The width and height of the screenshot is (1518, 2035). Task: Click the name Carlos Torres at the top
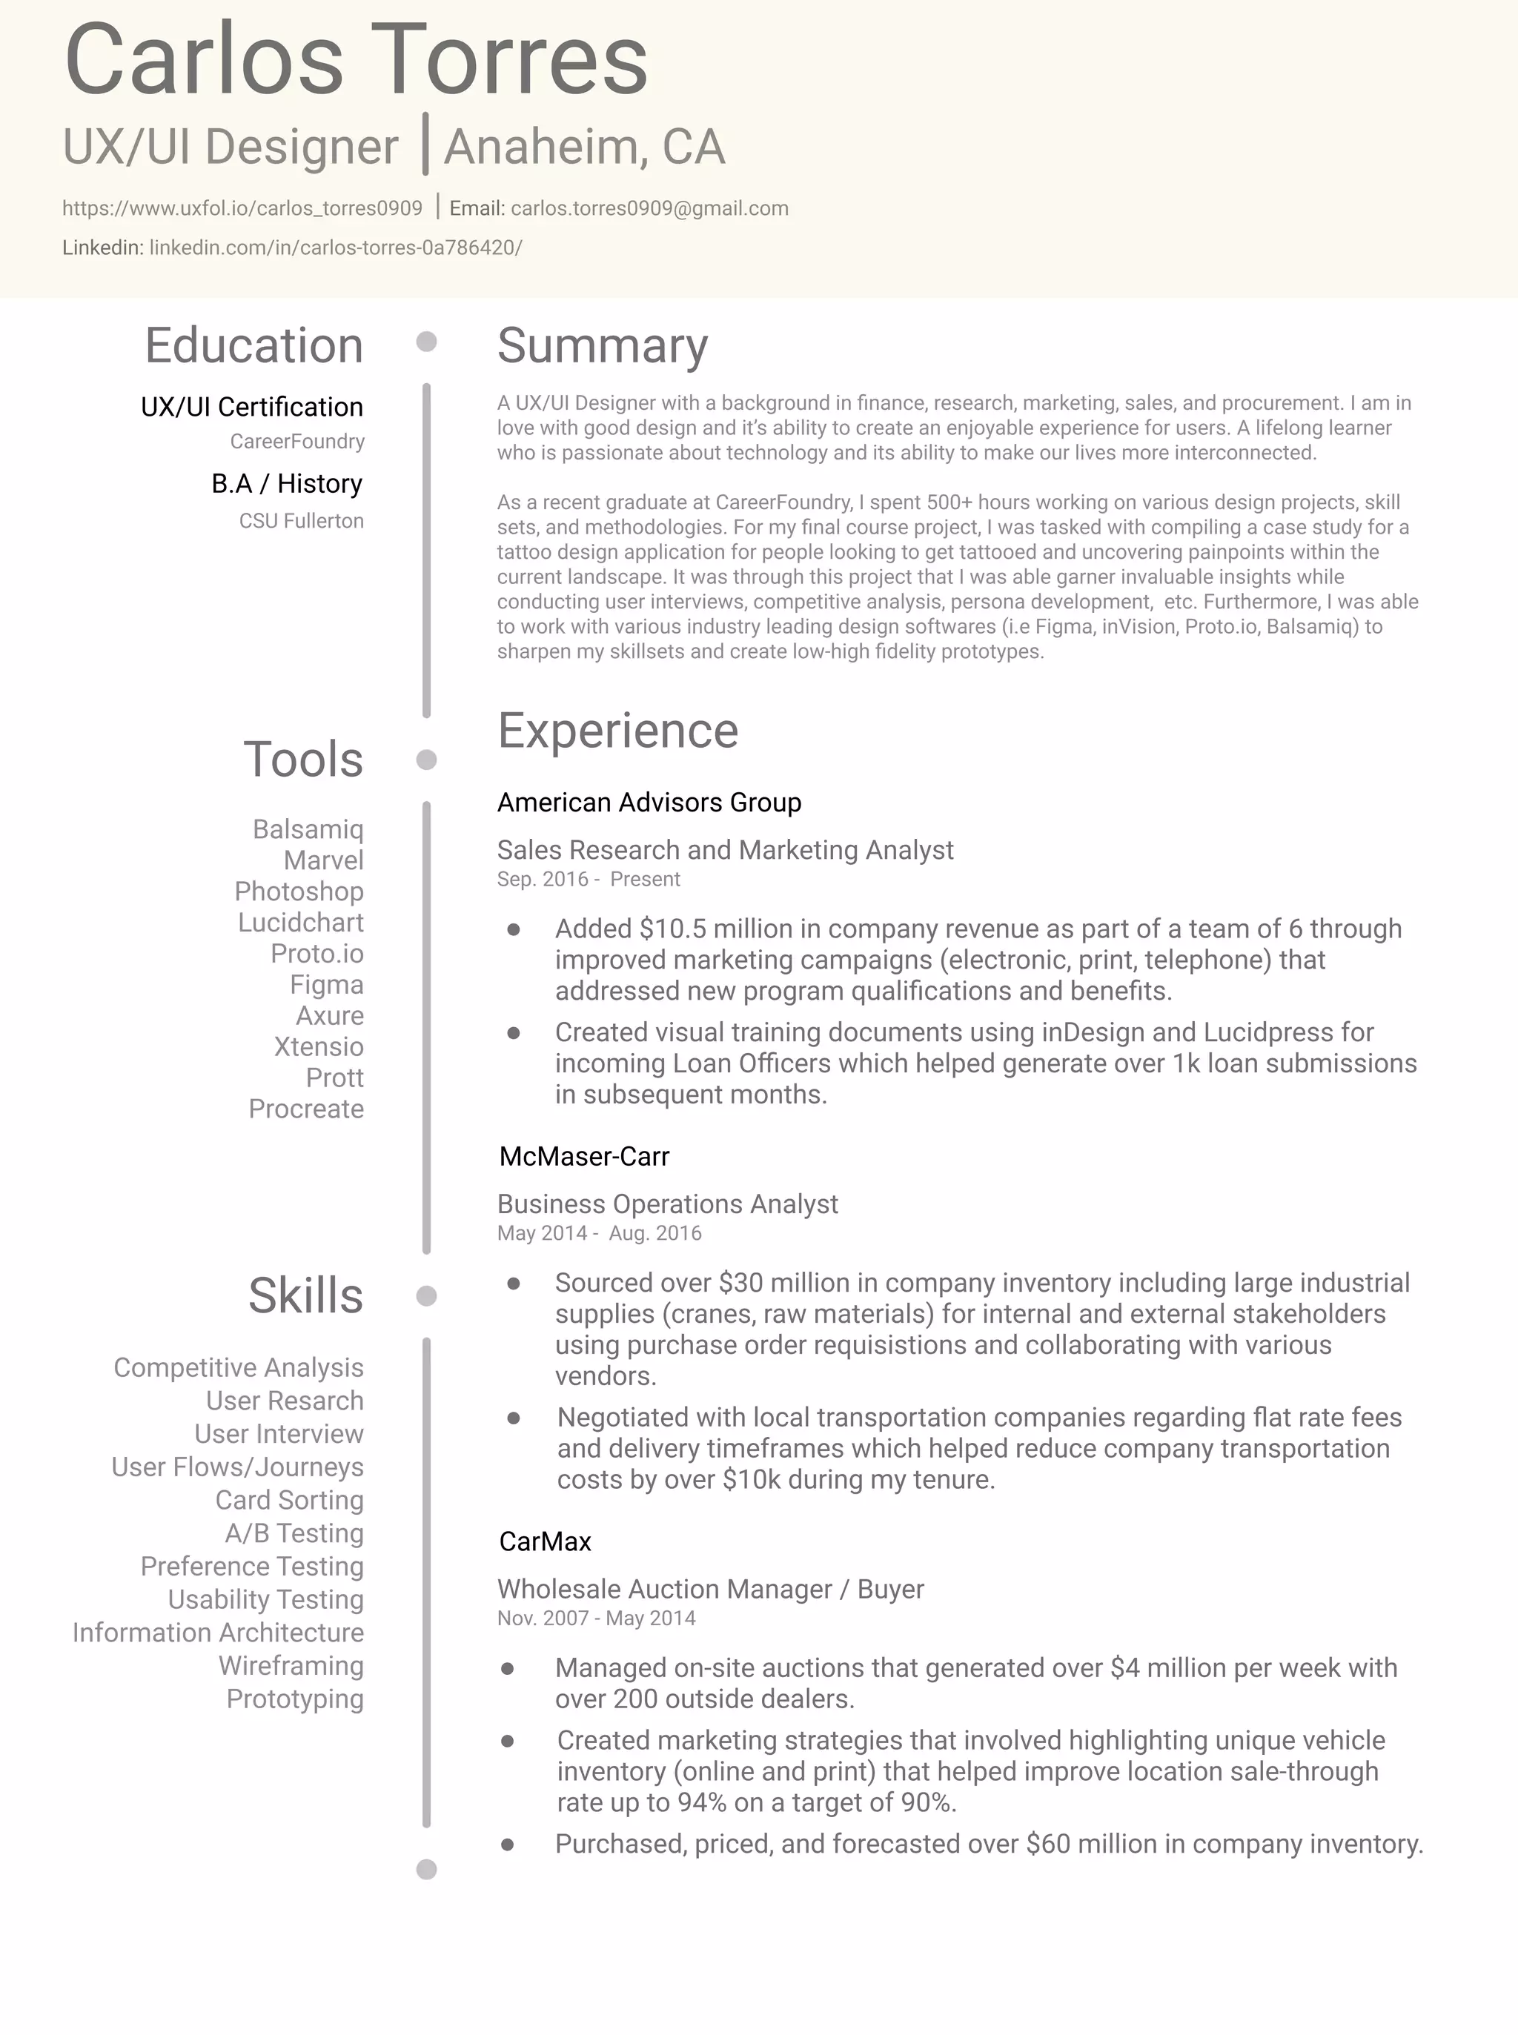click(x=357, y=61)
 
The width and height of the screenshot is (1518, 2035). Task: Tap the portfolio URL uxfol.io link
click(x=242, y=208)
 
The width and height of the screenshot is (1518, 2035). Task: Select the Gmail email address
click(x=649, y=208)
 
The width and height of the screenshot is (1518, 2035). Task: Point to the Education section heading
click(x=253, y=345)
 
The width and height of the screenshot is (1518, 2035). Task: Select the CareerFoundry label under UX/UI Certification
click(x=296, y=442)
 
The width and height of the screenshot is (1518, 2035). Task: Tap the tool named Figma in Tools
click(x=326, y=985)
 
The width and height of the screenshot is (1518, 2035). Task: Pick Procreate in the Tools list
click(x=306, y=1109)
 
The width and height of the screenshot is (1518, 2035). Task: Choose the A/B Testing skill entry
click(x=294, y=1533)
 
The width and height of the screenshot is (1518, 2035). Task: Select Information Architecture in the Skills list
click(x=218, y=1633)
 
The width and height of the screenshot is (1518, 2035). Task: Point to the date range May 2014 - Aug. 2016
click(x=599, y=1233)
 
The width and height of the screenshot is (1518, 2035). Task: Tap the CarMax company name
click(x=545, y=1541)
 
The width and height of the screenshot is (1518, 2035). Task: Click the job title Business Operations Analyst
click(x=667, y=1204)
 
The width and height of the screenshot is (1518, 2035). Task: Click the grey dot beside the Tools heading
click(x=426, y=760)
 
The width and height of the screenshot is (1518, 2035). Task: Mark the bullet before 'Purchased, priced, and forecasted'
click(x=507, y=1845)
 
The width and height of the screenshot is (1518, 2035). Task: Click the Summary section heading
click(x=602, y=345)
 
